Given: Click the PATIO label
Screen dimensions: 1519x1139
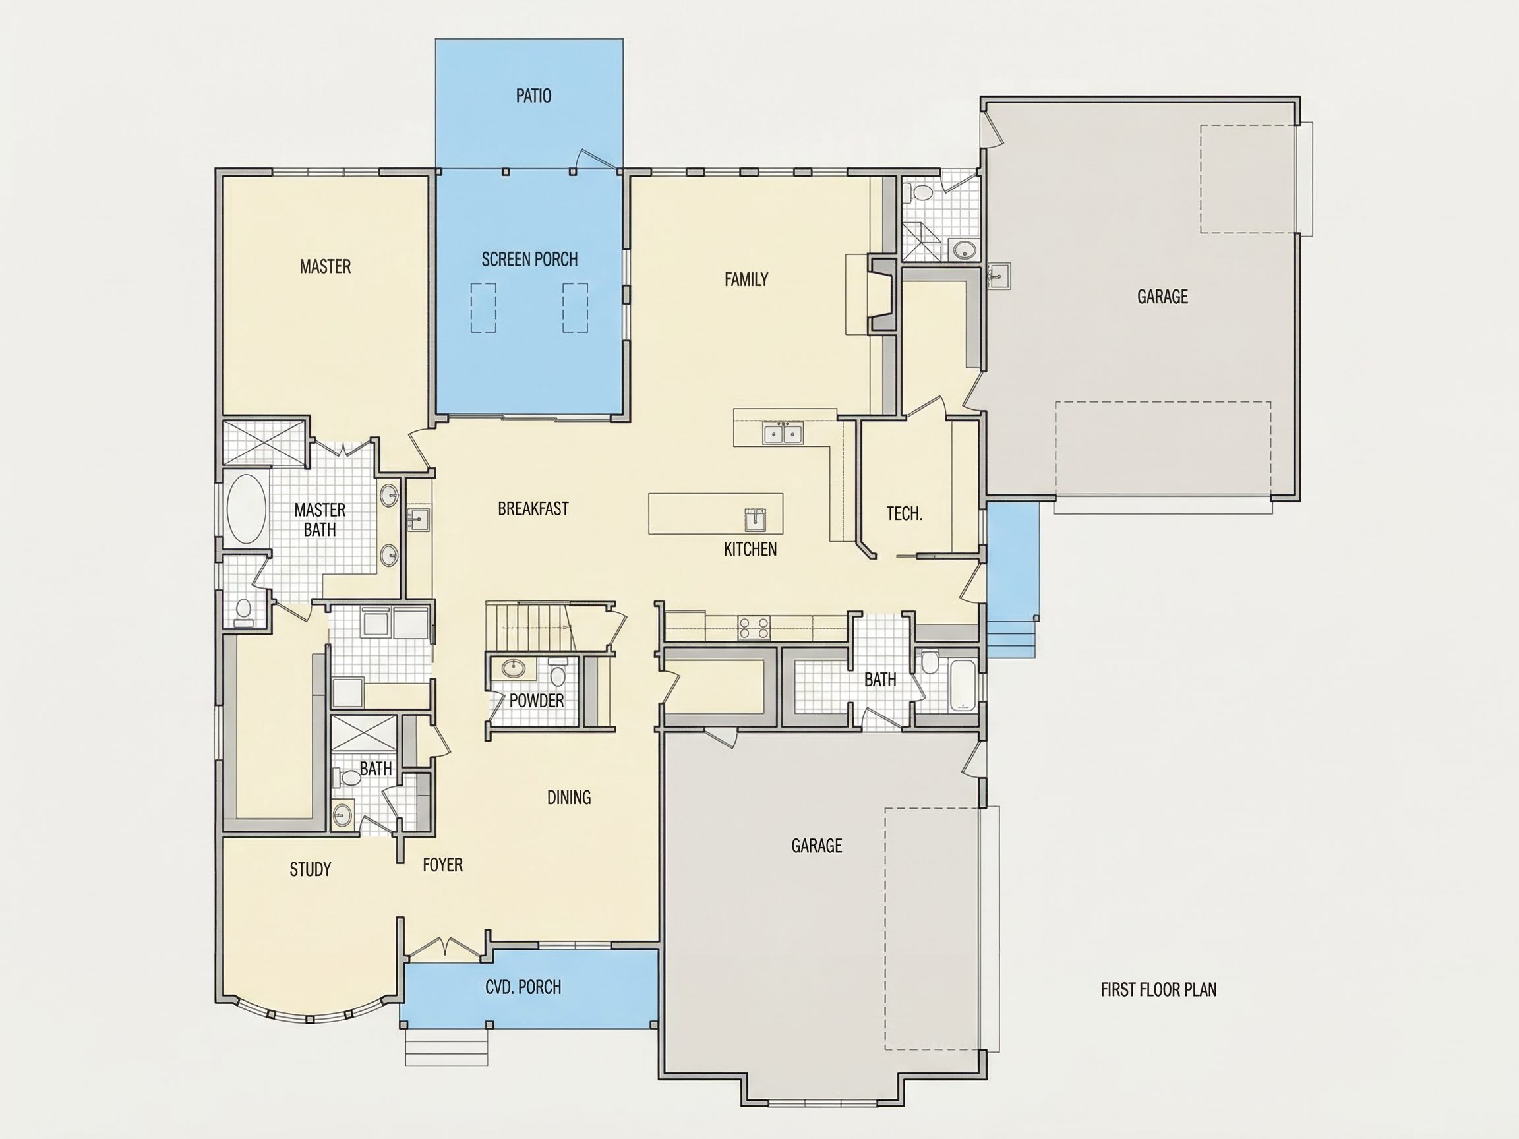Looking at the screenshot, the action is click(x=533, y=96).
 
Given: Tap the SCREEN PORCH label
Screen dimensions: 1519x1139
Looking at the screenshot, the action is click(x=529, y=259).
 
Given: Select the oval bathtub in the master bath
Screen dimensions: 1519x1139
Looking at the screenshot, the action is click(x=246, y=508).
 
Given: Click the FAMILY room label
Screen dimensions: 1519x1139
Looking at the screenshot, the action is click(x=746, y=279).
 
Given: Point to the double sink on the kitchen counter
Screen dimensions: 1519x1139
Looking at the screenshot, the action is click(x=783, y=433).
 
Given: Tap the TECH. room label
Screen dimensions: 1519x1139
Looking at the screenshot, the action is click(x=905, y=513).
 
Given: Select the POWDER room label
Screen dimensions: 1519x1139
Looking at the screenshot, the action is click(x=536, y=700).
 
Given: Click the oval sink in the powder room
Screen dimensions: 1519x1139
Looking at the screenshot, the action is click(x=512, y=666).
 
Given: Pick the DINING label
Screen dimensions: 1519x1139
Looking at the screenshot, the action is click(x=568, y=797).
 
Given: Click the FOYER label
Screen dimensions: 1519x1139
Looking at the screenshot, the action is click(x=443, y=864).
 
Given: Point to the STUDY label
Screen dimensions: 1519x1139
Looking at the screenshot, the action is click(x=311, y=869).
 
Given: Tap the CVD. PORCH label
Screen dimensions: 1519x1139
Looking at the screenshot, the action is click(x=523, y=987).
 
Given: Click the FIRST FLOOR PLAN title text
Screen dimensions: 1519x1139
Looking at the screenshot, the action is click(x=1158, y=989).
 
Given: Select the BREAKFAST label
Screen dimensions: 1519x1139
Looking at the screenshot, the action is click(x=533, y=508).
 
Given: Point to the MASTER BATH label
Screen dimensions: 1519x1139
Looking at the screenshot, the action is click(x=319, y=519).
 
